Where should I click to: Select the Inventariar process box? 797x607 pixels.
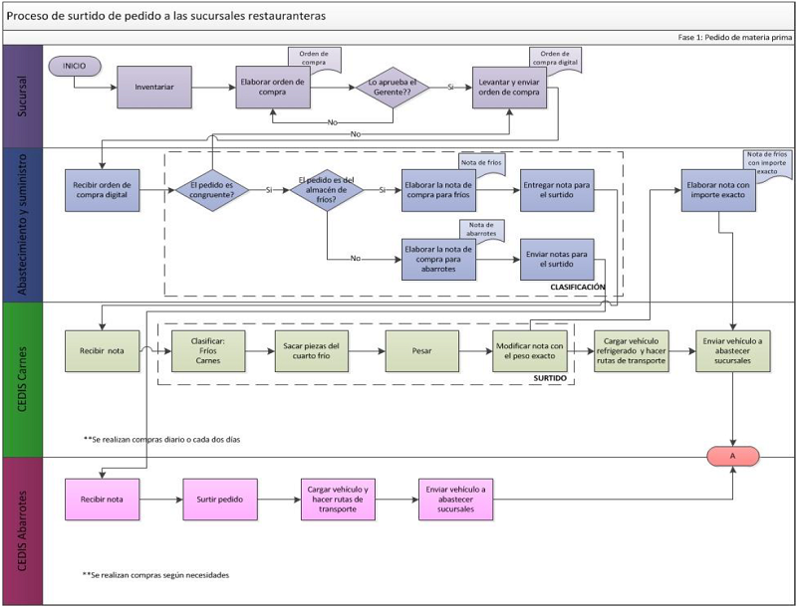[x=154, y=87]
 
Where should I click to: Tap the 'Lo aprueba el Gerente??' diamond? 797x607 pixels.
[x=392, y=87]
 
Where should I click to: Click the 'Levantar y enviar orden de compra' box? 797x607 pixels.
[x=508, y=87]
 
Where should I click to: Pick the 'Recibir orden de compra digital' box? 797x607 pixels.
[x=102, y=190]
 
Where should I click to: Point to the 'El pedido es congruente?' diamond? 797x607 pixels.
[x=211, y=190]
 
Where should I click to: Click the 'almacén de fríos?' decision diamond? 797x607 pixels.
[x=328, y=189]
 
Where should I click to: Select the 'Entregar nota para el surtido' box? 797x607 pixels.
[x=557, y=189]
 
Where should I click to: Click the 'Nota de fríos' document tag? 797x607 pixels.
[x=482, y=161]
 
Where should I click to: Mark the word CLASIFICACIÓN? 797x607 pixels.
[x=578, y=287]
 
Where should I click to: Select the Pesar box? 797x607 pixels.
[x=421, y=351]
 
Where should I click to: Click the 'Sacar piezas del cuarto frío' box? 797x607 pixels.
[x=312, y=351]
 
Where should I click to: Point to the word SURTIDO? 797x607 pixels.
[x=549, y=378]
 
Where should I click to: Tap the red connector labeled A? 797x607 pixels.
[x=733, y=456]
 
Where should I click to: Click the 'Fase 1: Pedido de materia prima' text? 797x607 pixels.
[x=732, y=36]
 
